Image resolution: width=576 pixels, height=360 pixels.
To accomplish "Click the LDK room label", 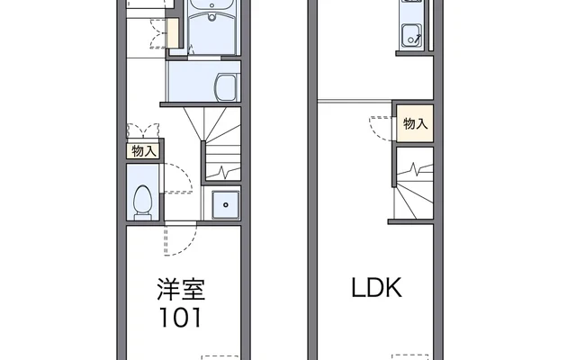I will [x=376, y=290].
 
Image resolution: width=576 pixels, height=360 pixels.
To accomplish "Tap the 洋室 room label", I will [x=183, y=290].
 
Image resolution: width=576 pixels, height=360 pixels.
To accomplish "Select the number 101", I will [x=182, y=318].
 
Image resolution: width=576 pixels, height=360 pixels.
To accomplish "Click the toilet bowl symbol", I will [x=142, y=202].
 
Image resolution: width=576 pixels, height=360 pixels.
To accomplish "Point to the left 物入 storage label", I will [x=143, y=151].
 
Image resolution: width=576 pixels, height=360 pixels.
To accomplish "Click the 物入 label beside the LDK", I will [x=415, y=124].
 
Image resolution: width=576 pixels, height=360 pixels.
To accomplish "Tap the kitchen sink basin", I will [x=412, y=37].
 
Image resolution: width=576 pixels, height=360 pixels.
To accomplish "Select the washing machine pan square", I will [x=224, y=206].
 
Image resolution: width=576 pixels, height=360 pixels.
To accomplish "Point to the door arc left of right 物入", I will [x=379, y=126].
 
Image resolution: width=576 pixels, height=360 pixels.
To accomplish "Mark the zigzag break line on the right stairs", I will [x=416, y=168].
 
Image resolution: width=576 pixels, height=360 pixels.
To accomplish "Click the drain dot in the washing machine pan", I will [x=224, y=206].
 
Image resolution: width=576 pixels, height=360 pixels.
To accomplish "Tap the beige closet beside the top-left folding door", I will [x=174, y=31].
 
